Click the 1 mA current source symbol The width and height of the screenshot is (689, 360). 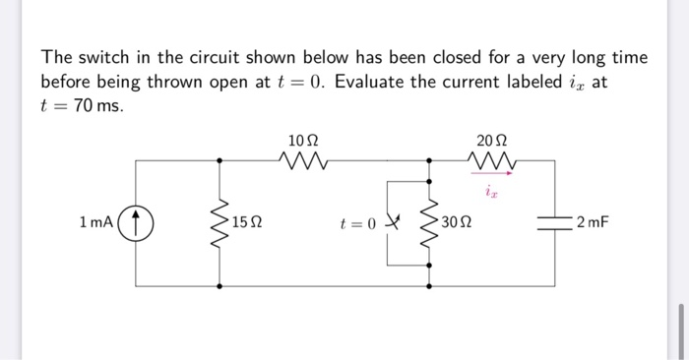click(x=136, y=222)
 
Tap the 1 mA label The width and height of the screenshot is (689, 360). click(x=96, y=222)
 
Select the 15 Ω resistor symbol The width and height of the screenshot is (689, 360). click(x=219, y=222)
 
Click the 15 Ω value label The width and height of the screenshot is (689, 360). click(x=249, y=222)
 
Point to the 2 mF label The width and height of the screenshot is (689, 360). click(x=594, y=222)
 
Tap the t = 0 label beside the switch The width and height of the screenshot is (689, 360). click(x=356, y=222)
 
